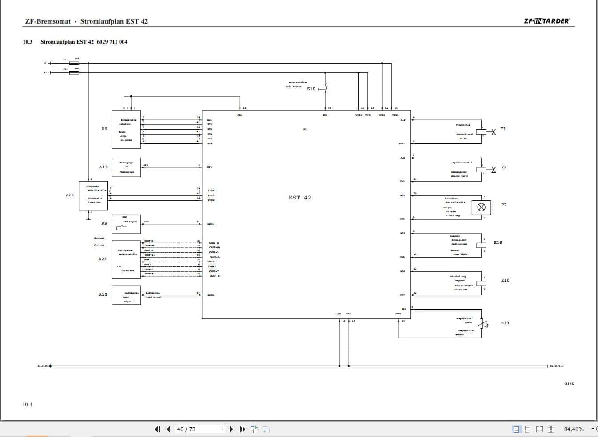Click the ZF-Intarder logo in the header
pos(546,21)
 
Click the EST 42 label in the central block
pos(300,198)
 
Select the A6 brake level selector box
pos(126,129)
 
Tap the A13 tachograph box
pos(126,167)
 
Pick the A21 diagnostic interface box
pos(93,195)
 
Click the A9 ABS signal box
pos(126,224)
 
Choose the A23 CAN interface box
pos(126,259)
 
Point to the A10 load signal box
pos(126,295)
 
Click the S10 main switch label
pos(311,89)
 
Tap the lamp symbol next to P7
pos(481,207)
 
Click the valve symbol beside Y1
pos(493,132)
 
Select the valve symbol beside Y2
pos(493,170)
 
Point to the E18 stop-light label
pos(498,243)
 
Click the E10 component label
pos(505,280)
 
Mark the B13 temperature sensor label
pos(505,323)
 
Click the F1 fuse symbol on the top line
pos(74,63)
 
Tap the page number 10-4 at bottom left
pos(28,404)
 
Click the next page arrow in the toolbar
pos(231,429)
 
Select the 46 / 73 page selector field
pos(200,429)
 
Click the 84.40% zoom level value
pos(574,429)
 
